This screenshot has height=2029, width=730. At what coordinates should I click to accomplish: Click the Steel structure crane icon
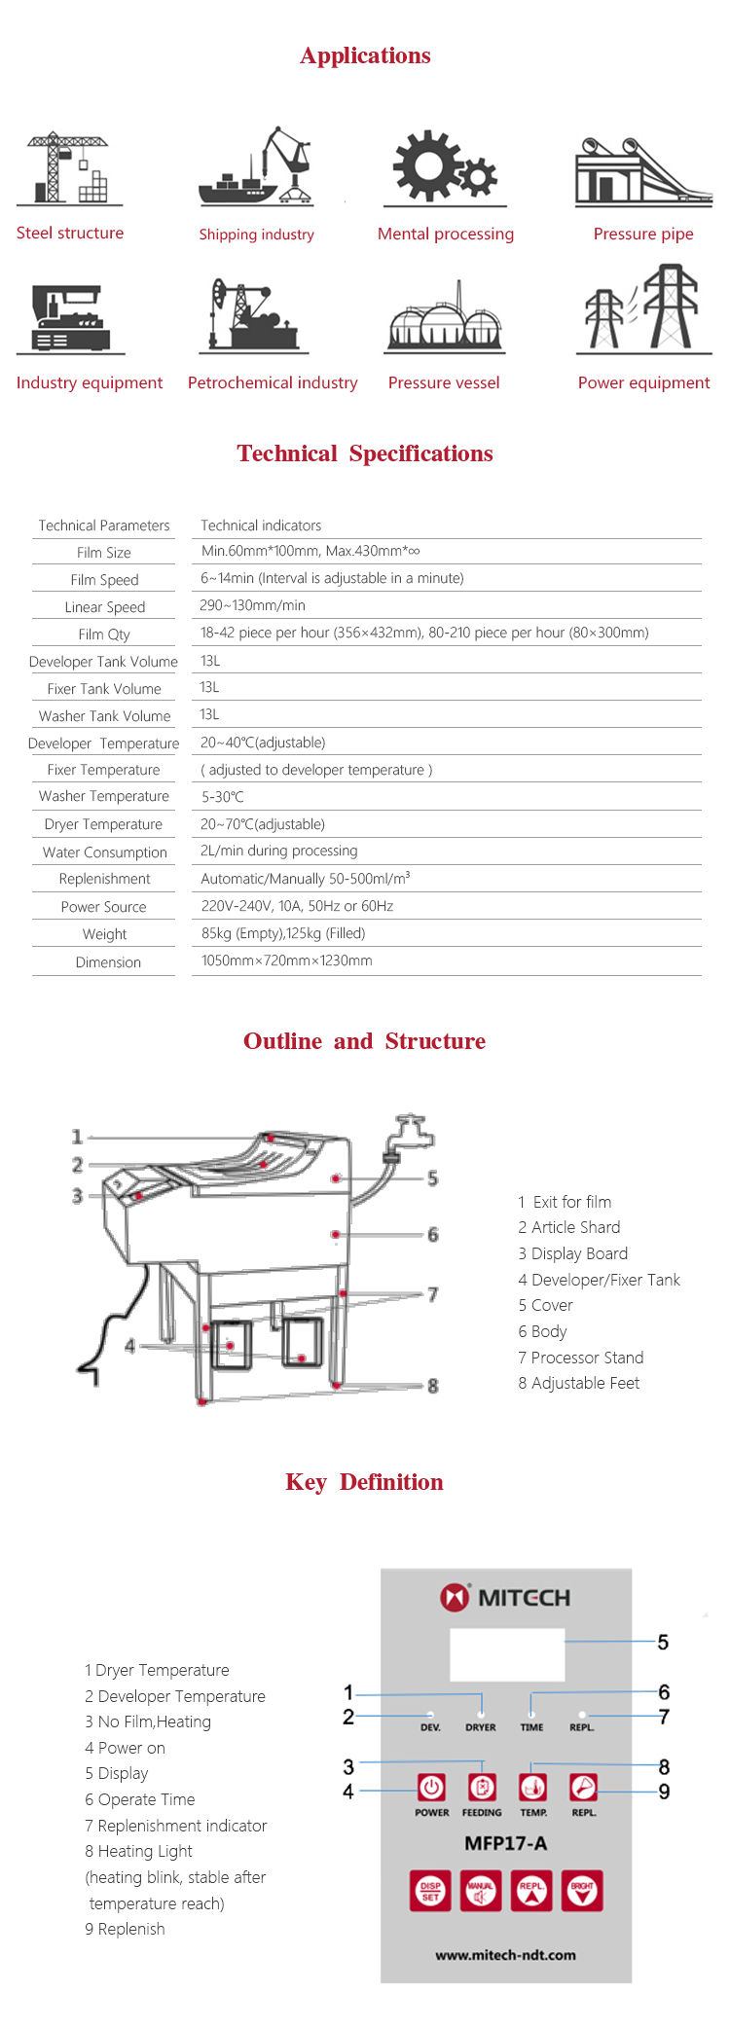pyautogui.click(x=68, y=168)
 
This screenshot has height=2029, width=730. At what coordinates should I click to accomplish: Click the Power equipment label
pyautogui.click(x=643, y=382)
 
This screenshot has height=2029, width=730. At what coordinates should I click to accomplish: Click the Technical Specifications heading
pyautogui.click(x=365, y=453)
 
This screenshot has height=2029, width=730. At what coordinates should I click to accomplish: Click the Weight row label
pyautogui.click(x=104, y=934)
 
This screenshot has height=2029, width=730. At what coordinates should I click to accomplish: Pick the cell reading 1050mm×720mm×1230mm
pyautogui.click(x=286, y=960)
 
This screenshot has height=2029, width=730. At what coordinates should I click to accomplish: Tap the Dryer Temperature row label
pyautogui.click(x=103, y=824)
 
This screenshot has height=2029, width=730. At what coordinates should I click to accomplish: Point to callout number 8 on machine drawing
pyautogui.click(x=433, y=1386)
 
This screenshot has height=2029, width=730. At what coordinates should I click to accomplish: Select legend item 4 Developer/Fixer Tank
pyautogui.click(x=599, y=1280)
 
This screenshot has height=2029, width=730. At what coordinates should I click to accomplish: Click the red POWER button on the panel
pyautogui.click(x=431, y=1787)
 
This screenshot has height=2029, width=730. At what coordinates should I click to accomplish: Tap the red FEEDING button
pyautogui.click(x=482, y=1787)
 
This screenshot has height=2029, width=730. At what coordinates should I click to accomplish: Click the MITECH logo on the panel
pyautogui.click(x=506, y=1598)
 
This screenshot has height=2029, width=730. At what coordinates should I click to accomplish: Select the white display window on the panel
pyautogui.click(x=506, y=1653)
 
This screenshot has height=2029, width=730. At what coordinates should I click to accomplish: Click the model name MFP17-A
pyautogui.click(x=506, y=1843)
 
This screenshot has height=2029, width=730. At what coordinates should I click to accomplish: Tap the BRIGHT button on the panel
pyautogui.click(x=582, y=1891)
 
